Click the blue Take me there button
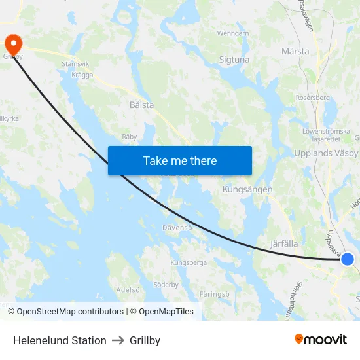tap(179, 160)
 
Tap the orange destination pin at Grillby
tap(13, 44)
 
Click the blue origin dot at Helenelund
tap(348, 259)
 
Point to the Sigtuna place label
tap(234, 60)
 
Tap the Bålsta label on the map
tap(142, 104)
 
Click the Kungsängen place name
tap(247, 189)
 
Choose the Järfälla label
tap(285, 243)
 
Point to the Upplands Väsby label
tap(326, 153)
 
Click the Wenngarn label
tap(233, 33)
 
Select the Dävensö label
tap(177, 228)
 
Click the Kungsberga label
tap(189, 262)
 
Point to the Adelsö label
tap(128, 289)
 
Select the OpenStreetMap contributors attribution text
tap(70, 312)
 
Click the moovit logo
tap(320, 339)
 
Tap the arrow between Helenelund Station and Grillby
tap(118, 340)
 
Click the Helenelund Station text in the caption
tap(60, 340)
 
